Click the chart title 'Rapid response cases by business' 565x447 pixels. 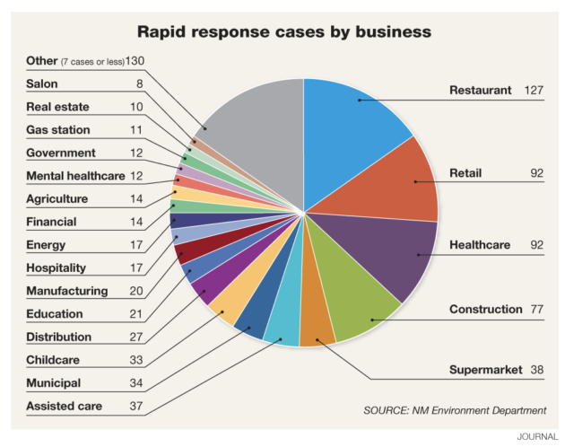pos(283,32)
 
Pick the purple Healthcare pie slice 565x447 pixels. pos(395,251)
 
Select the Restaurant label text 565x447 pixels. pos(481,91)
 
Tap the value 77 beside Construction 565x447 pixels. pos(537,310)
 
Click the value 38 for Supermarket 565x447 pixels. pos(536,371)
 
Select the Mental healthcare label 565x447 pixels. pos(76,176)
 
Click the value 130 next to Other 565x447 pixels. pos(135,61)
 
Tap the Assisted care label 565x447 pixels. pos(65,406)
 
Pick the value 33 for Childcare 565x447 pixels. pos(135,360)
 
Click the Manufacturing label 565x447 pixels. pos(67,291)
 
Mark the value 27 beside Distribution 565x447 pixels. pos(135,337)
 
